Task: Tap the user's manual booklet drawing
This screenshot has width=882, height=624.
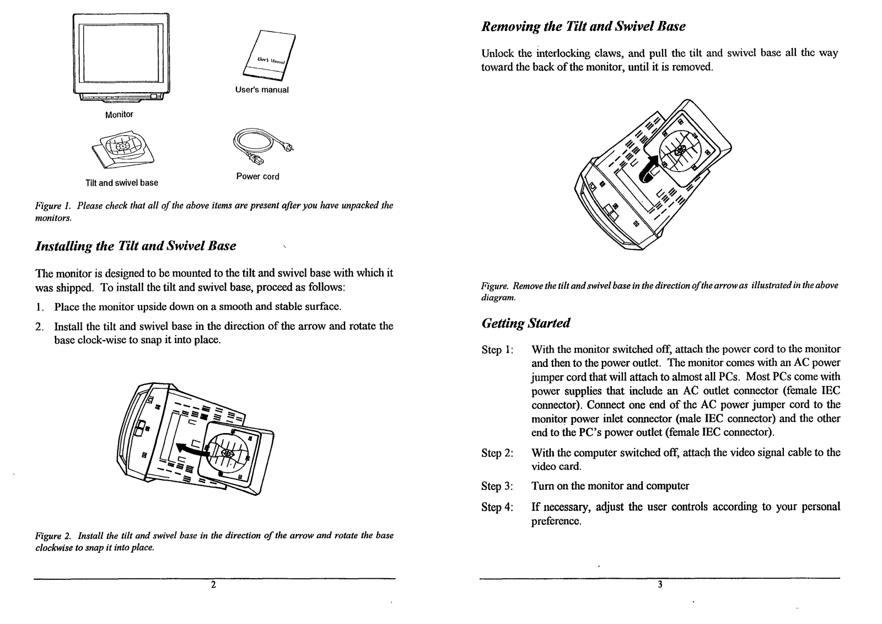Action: pyautogui.click(x=268, y=57)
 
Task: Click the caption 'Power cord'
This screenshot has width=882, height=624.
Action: pyautogui.click(x=257, y=177)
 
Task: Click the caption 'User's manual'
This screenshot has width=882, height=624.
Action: pyautogui.click(x=262, y=90)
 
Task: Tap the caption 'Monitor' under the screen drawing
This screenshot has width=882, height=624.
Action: pyautogui.click(x=119, y=114)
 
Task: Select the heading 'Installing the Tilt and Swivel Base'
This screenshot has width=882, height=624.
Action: pyautogui.click(x=136, y=246)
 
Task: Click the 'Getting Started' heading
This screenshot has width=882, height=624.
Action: pyautogui.click(x=525, y=323)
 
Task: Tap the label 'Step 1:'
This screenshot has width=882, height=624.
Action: pyautogui.click(x=497, y=350)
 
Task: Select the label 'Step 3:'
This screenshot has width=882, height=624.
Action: pyautogui.click(x=497, y=486)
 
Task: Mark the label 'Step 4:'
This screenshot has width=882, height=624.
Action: pyautogui.click(x=497, y=507)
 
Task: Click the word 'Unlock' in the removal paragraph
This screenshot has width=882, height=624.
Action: pyautogui.click(x=498, y=54)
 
